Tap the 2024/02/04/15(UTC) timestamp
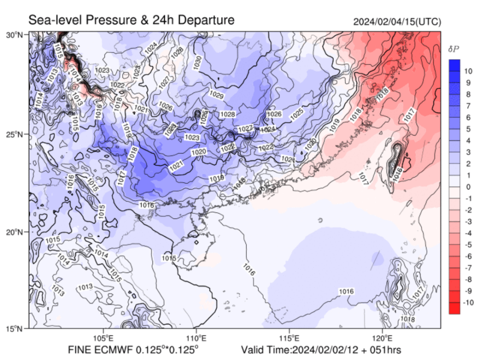tap(397, 21)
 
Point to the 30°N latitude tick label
tap(14, 35)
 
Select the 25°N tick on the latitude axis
tap(14, 133)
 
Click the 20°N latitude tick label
tap(14, 232)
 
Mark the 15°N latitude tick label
tap(14, 329)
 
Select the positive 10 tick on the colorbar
tap(469, 71)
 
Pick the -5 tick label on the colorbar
tap(468, 245)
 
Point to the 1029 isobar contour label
tap(216, 96)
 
